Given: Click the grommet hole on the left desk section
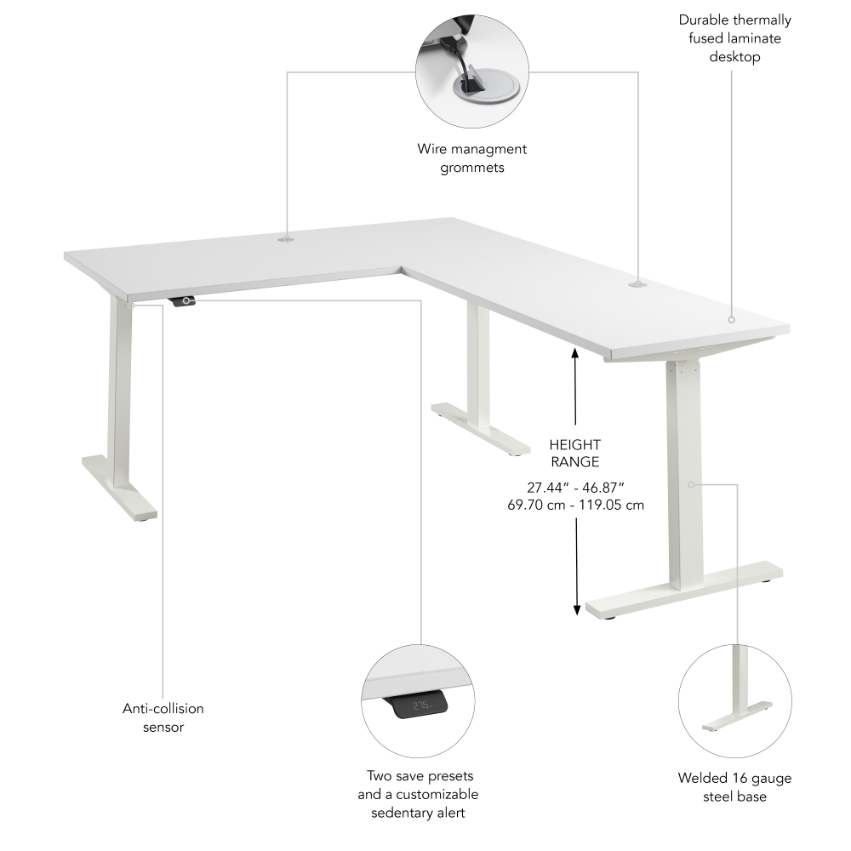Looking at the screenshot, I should (x=284, y=241).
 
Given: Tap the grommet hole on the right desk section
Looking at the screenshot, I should (x=637, y=282).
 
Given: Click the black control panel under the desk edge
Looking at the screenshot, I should (x=183, y=300).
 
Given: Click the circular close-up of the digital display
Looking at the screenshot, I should (x=418, y=701).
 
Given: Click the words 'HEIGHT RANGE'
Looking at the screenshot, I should (x=574, y=454).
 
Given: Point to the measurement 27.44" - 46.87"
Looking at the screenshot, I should (x=575, y=487).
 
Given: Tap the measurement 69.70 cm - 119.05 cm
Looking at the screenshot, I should (x=575, y=505).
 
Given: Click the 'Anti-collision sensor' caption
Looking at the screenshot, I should (x=163, y=717).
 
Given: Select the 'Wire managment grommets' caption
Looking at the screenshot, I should (x=472, y=158).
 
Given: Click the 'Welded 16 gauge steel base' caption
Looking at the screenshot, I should (x=734, y=787).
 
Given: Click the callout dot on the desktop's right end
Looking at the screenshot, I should (x=730, y=320).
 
